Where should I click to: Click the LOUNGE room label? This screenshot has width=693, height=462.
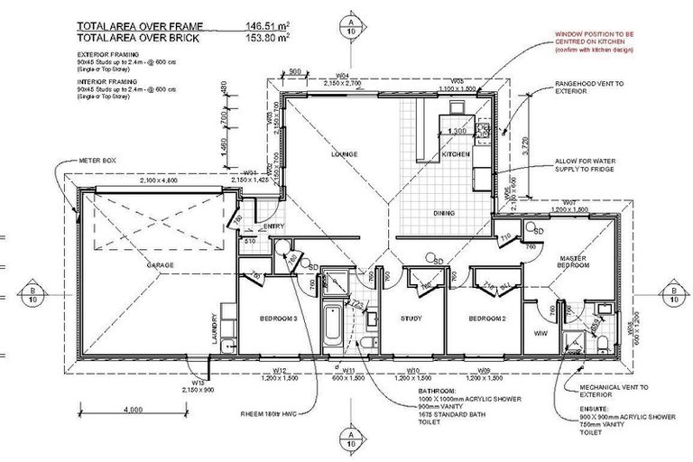click(x=344, y=154)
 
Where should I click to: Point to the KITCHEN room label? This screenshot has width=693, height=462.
click(x=455, y=155)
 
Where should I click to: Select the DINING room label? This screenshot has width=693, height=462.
click(x=443, y=213)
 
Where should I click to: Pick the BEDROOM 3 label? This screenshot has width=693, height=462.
click(x=278, y=320)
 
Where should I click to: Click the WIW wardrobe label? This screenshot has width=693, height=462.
click(x=541, y=334)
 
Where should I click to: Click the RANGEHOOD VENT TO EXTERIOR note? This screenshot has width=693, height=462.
click(x=596, y=87)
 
